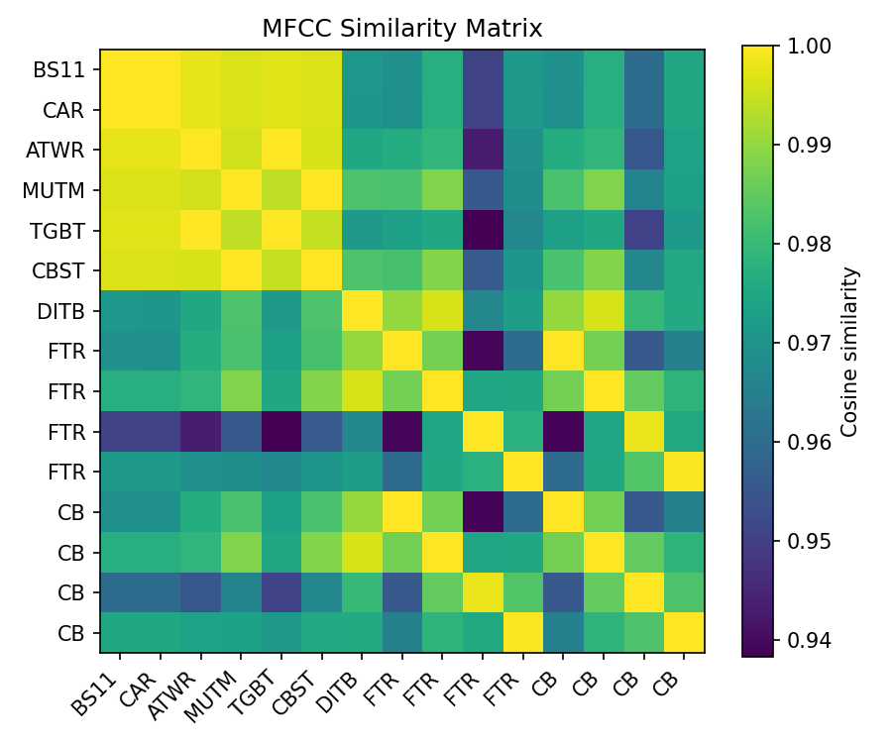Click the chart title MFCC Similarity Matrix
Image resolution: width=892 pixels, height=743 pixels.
coord(402,29)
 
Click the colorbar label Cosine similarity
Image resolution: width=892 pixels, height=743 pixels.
coord(848,352)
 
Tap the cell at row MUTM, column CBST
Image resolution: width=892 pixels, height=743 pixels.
coord(322,190)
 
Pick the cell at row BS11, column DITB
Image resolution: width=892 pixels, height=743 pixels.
coord(362,69)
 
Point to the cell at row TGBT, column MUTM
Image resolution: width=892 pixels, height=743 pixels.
coord(241,231)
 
